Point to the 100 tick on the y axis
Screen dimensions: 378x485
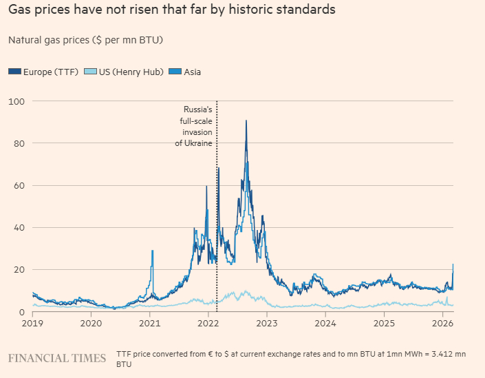16,101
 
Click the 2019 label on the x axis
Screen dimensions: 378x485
33,323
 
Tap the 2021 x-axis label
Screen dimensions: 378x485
150,323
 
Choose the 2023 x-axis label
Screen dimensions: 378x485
267,323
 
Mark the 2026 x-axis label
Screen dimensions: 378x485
442,323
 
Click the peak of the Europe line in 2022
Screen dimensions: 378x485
246,121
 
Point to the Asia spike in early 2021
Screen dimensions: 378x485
152,251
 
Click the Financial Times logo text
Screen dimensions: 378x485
57,358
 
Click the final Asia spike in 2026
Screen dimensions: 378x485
453,265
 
